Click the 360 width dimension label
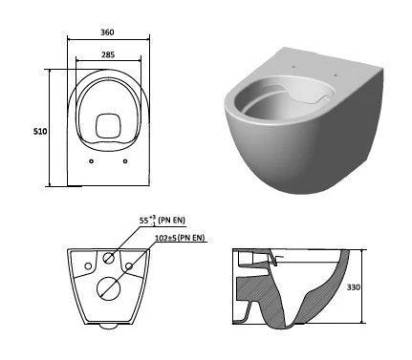107,32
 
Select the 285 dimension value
108,54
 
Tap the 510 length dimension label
40,131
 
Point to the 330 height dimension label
354,287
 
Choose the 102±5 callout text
166,238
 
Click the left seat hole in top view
92,161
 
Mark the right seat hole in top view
125,161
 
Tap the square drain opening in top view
109,126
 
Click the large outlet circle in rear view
109,288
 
